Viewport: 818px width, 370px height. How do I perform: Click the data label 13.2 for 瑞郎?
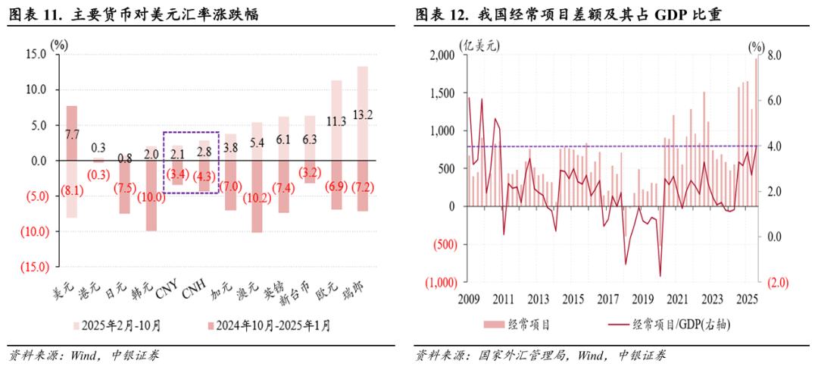tap(363, 115)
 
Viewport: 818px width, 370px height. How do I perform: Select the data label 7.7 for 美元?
tap(72, 134)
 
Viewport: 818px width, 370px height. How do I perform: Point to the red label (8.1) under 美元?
tap(72, 190)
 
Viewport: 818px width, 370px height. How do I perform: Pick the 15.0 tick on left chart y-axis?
tap(36, 55)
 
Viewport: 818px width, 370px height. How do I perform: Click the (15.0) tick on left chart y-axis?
tap(34, 267)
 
